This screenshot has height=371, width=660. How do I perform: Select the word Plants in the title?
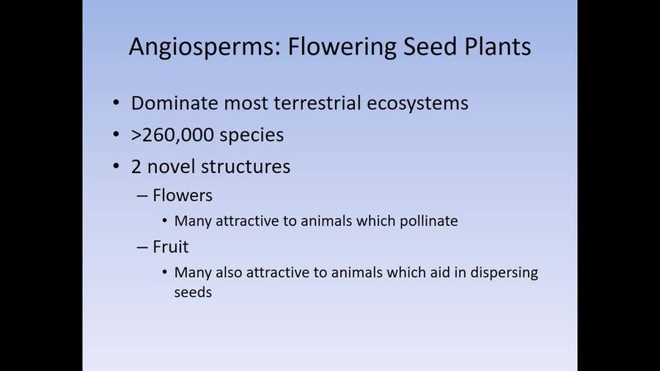tap(493, 47)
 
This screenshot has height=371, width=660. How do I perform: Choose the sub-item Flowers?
tap(183, 195)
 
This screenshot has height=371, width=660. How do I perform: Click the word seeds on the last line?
tap(194, 292)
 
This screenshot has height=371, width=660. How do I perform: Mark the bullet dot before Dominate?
tap(117, 103)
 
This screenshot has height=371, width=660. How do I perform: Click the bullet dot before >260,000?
tap(117, 135)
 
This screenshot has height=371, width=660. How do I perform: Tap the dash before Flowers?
tap(142, 196)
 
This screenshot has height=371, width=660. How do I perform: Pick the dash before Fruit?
tap(142, 247)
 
